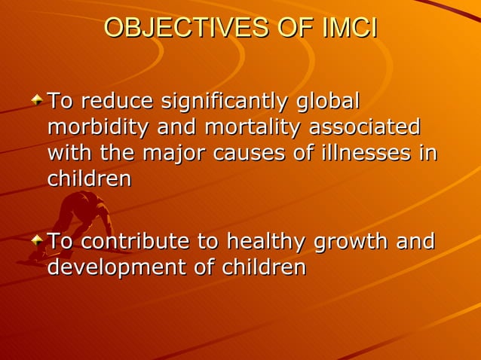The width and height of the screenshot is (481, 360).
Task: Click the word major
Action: pyautogui.click(x=180, y=153)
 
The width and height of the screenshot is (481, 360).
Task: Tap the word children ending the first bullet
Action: pyautogui.click(x=90, y=179)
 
